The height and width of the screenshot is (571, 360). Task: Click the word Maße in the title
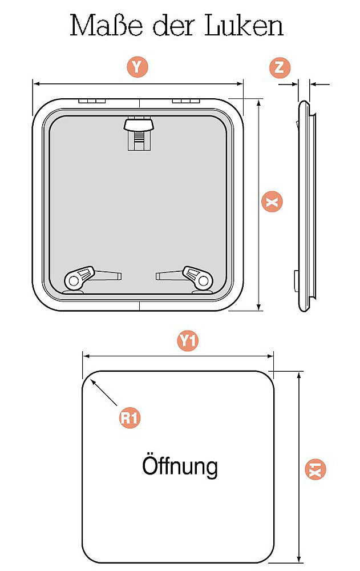point(106,26)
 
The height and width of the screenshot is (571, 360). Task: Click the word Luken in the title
point(244,26)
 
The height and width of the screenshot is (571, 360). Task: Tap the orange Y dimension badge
point(137,67)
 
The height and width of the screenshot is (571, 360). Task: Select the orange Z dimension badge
point(280,67)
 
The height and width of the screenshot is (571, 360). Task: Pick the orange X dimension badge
point(272,202)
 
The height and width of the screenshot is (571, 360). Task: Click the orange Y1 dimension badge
point(188,341)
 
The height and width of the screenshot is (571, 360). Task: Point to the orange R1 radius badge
point(130,418)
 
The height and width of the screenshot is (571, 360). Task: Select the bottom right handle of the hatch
point(184,279)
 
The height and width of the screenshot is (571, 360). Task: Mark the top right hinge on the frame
point(186,100)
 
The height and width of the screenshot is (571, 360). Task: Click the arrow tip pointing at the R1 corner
point(91,380)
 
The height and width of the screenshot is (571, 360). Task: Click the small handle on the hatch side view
point(295,280)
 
